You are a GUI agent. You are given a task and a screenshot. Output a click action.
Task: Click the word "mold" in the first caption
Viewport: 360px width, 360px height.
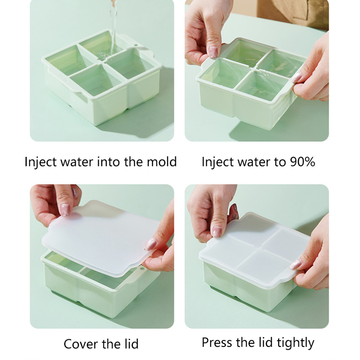tap(162, 162)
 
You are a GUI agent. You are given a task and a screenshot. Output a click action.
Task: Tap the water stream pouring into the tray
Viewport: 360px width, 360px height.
tap(113, 27)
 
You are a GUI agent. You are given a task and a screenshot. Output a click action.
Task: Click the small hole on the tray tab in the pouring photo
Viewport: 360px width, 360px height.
tap(136, 45)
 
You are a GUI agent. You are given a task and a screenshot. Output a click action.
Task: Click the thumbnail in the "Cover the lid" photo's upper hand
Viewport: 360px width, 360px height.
tap(65, 209)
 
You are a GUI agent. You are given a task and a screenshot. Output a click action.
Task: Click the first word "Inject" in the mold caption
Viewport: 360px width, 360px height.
tap(40, 162)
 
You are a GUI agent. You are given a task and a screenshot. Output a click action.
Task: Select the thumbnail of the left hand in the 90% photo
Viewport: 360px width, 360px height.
tap(213, 52)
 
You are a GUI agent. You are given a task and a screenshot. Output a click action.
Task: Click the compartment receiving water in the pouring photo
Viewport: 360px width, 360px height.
tap(101, 47)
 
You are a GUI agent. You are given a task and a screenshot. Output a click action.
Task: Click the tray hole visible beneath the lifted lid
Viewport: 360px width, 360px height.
tap(143, 268)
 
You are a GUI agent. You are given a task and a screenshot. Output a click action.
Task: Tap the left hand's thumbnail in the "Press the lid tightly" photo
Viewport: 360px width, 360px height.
tap(217, 232)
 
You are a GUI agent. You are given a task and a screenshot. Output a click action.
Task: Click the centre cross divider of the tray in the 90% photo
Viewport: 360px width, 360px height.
tap(254, 68)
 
